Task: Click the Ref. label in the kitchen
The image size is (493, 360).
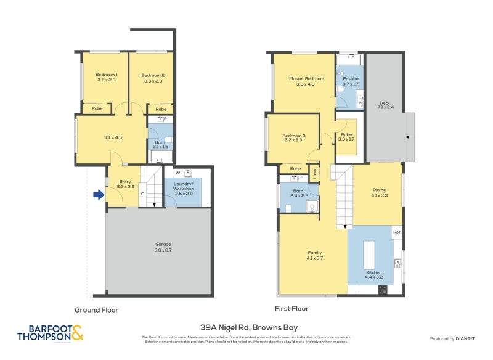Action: tap(397, 232)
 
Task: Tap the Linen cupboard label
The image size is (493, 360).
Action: tap(314, 174)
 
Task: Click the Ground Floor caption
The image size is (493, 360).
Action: tap(96, 310)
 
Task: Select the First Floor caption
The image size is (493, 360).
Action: tap(291, 308)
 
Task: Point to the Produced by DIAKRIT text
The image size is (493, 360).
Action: tap(455, 339)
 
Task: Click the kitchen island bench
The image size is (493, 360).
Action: tap(369, 253)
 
